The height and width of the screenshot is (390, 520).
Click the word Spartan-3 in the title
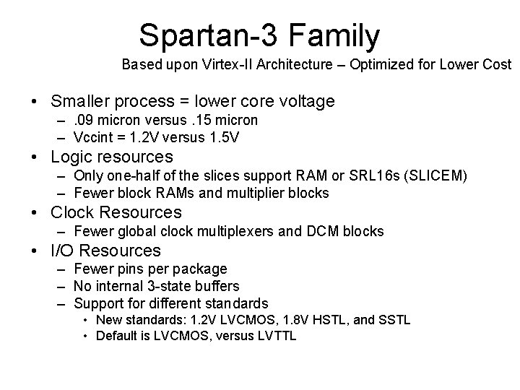coord(204,35)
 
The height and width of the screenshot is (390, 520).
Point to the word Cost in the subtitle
coord(495,64)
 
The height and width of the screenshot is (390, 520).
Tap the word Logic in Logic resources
coord(71,157)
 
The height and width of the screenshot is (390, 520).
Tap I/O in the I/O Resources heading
coord(61,251)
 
